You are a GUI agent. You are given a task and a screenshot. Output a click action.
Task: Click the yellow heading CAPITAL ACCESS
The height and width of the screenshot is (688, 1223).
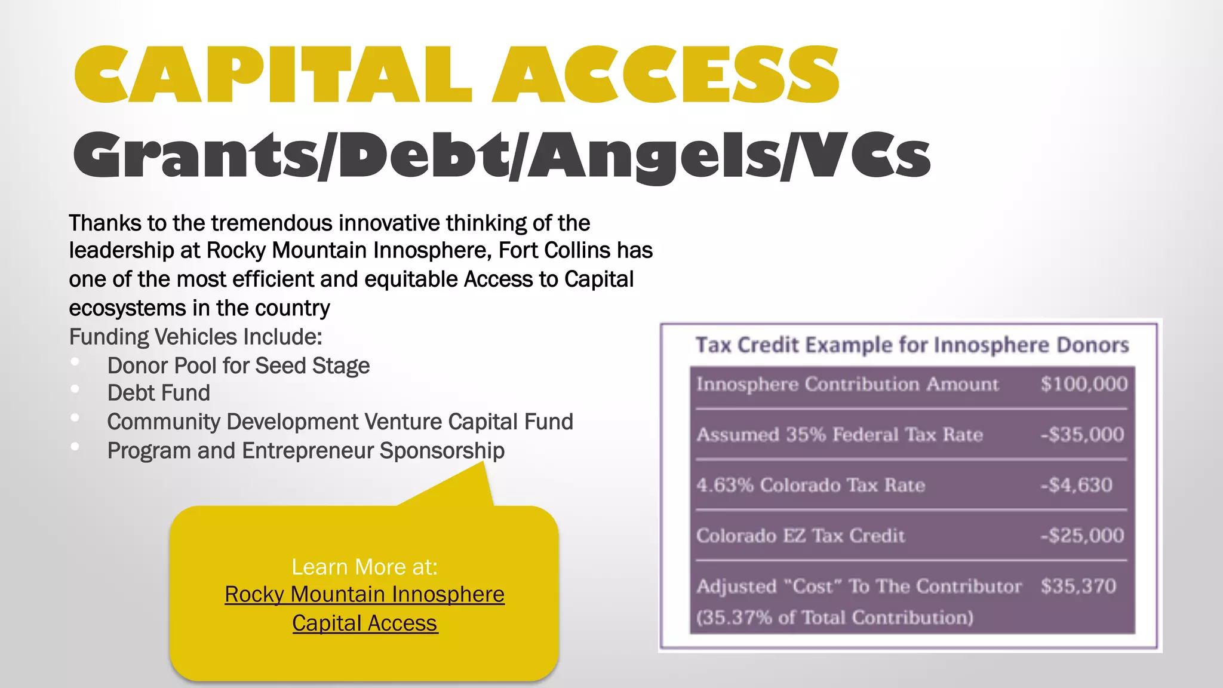click(457, 75)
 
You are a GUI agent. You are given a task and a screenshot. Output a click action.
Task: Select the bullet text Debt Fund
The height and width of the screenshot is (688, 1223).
click(158, 393)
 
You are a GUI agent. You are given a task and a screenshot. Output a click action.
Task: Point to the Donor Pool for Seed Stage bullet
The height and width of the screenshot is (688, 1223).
click(238, 365)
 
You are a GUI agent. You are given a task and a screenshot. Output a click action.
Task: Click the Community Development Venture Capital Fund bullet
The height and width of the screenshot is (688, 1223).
click(340, 422)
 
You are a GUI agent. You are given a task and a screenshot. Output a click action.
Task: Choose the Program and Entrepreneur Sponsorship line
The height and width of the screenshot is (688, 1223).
click(306, 450)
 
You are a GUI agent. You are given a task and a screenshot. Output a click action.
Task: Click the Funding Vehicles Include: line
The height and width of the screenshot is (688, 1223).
click(195, 337)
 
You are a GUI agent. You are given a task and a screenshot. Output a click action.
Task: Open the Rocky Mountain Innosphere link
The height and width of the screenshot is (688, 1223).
click(364, 594)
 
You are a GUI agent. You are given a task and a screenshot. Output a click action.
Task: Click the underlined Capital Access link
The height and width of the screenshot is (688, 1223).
click(364, 623)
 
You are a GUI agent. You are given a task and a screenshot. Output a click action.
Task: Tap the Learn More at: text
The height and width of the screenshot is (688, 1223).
click(364, 567)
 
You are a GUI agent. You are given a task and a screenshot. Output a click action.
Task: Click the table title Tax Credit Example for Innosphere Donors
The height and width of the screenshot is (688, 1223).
click(912, 345)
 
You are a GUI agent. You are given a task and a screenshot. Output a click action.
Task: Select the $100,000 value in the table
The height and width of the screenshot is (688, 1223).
click(1084, 383)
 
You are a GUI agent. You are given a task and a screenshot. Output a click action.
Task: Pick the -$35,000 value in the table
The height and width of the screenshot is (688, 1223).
click(1082, 434)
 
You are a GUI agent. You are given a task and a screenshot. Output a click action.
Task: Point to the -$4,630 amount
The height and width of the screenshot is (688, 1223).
click(1076, 484)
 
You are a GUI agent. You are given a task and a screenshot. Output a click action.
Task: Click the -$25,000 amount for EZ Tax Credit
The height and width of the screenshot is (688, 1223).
click(1082, 535)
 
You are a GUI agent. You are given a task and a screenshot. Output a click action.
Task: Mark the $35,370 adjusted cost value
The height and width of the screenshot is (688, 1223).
click(1078, 586)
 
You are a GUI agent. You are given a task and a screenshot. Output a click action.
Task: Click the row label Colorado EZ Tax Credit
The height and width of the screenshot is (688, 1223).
click(800, 535)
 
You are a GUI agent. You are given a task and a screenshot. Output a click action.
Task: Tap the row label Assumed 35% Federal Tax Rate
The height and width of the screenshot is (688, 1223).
click(839, 434)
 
